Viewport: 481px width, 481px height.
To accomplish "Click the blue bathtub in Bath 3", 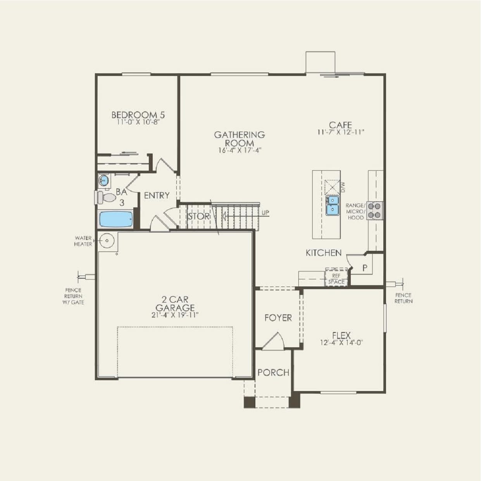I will coord(116,220).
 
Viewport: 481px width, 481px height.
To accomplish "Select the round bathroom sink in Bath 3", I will coord(103,180).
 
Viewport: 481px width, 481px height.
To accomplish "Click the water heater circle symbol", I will coord(106,241).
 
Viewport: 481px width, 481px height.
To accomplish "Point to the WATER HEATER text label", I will coord(83,241).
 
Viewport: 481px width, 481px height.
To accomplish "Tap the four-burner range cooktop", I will coord(375,210).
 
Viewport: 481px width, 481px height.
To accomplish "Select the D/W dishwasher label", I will coord(343,188).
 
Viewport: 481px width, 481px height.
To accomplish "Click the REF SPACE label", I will coord(336,279).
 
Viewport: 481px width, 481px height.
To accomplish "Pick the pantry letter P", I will coord(365,268).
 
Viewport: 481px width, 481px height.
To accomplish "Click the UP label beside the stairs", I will coord(265,213).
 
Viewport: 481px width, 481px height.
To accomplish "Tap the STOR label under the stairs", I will coord(199,216).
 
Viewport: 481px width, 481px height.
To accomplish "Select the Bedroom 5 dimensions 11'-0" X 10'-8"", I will coord(138,122).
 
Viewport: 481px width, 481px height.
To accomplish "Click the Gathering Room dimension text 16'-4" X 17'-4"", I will coord(240,150).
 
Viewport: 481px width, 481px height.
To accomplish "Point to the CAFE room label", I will coord(340,125).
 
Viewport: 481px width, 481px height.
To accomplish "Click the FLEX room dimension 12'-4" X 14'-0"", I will coord(341,343).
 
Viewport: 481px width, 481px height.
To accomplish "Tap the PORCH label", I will coord(273,372).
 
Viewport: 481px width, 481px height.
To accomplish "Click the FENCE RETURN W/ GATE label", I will coord(73,296).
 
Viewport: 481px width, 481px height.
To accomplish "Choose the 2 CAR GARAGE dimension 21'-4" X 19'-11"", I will coord(175,315).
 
